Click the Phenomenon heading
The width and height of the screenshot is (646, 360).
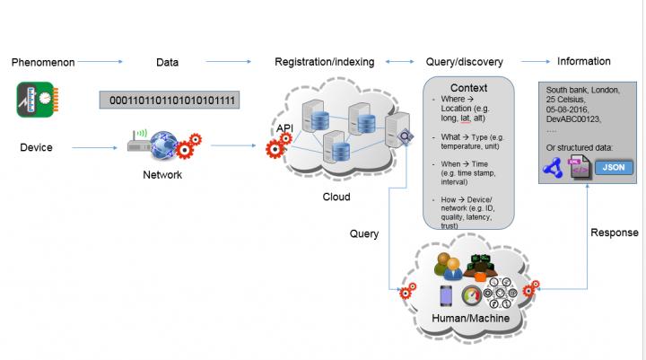pyautogui.click(x=42, y=63)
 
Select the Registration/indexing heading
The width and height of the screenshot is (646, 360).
pyautogui.click(x=325, y=62)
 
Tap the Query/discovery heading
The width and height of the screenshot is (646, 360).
pyautogui.click(x=464, y=62)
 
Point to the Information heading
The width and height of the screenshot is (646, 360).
pyautogui.click(x=583, y=62)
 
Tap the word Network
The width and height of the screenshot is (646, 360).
pyautogui.click(x=162, y=175)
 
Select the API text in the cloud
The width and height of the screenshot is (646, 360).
pyautogui.click(x=284, y=129)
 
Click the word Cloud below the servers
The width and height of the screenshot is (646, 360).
pyautogui.click(x=336, y=197)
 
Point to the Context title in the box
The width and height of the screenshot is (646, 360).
pyautogui.click(x=468, y=88)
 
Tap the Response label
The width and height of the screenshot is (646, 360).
pyautogui.click(x=614, y=233)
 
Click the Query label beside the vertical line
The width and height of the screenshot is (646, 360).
pyautogui.click(x=365, y=233)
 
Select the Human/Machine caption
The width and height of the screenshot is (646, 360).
pyautogui.click(x=469, y=318)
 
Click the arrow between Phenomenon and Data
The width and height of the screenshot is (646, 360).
pyautogui.click(x=106, y=62)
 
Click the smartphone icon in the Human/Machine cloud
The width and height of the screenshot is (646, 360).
pyautogui.click(x=446, y=294)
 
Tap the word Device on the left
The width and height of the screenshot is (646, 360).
pyautogui.click(x=36, y=147)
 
